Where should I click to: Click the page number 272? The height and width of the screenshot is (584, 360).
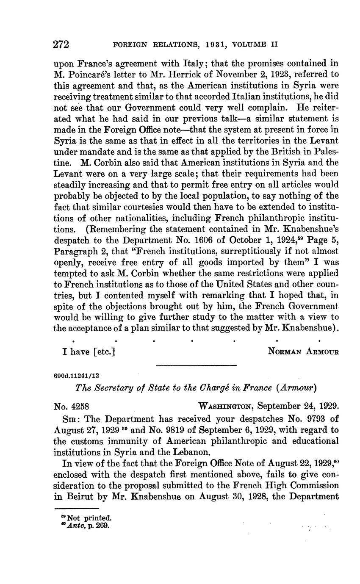(x=61, y=44)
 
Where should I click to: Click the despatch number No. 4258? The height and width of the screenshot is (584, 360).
(x=71, y=406)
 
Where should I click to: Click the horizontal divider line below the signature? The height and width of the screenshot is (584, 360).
(x=196, y=365)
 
